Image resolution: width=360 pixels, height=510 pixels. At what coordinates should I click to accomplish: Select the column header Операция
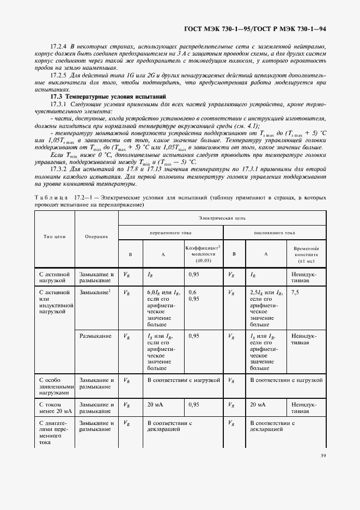(x=96, y=236)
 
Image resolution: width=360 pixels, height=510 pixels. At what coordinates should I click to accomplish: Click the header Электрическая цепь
(x=222, y=217)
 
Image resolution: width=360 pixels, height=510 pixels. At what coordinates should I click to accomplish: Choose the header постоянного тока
(x=274, y=232)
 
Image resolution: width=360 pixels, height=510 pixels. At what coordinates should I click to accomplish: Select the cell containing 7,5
(x=295, y=293)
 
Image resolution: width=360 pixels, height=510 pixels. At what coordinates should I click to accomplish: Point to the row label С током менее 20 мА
(x=54, y=408)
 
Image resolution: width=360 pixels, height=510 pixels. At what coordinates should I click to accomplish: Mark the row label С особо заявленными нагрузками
(x=54, y=385)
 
